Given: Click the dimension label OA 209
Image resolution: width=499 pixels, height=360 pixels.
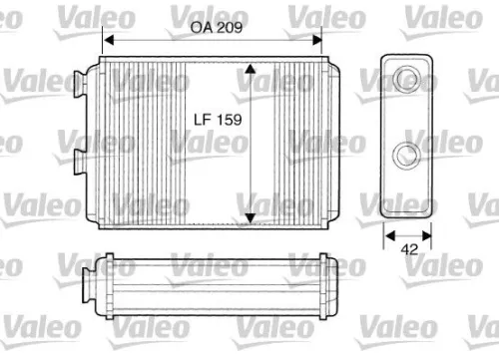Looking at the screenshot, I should [215, 29].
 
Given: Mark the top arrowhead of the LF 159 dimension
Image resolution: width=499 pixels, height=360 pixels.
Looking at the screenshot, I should [249, 67].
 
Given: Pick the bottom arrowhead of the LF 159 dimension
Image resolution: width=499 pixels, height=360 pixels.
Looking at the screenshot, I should [249, 220].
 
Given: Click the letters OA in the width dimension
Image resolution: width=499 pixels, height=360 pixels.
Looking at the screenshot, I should [200, 29].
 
